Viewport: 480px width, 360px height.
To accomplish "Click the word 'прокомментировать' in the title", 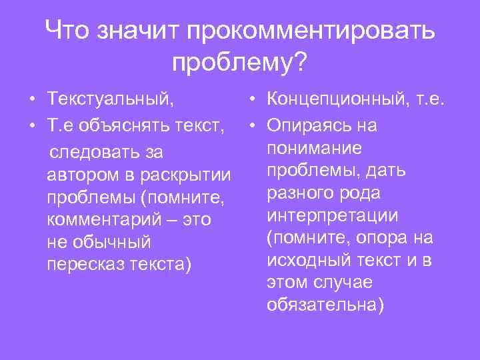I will click(x=311, y=30).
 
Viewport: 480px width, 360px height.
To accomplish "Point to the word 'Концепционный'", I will click(x=335, y=100).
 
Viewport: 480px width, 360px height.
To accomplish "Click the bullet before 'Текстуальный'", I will click(x=33, y=101).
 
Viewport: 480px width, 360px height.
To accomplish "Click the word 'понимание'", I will click(x=314, y=147).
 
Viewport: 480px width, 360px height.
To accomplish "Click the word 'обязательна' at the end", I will click(x=323, y=305).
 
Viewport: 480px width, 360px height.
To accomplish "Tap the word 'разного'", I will click(x=299, y=193).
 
